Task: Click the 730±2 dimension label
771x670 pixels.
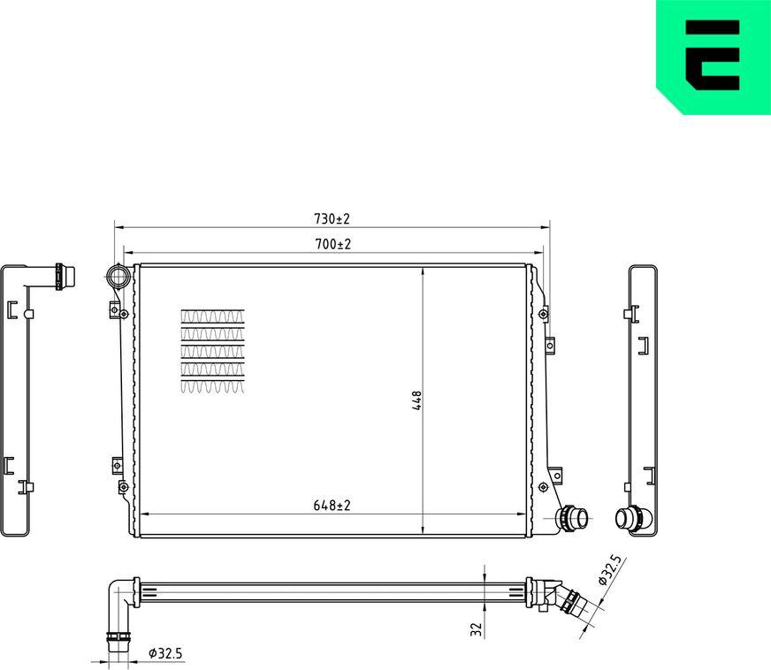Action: point(332,218)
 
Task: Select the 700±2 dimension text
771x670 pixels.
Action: point(332,244)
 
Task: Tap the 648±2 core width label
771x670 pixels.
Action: point(332,506)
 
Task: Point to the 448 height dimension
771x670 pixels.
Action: point(416,400)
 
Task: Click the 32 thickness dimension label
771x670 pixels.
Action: point(476,629)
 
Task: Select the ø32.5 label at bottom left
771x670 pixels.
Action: point(165,653)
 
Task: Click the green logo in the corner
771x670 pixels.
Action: point(713,57)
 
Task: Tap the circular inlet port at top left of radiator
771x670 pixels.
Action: point(118,277)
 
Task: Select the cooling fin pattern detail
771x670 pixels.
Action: point(212,351)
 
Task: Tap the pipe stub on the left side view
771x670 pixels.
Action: point(61,277)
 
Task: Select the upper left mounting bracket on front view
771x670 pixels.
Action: point(115,308)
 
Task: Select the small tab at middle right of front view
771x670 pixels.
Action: point(549,344)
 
